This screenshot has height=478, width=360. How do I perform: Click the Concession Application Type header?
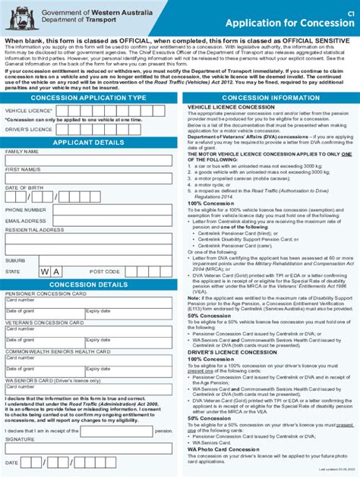[x=87, y=98]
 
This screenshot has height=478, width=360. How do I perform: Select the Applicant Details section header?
[x=87, y=142]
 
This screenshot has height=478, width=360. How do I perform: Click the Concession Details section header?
[x=87, y=284]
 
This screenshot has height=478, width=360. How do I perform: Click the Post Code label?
[x=105, y=271]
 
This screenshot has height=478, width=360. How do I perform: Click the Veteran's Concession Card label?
[x=42, y=322]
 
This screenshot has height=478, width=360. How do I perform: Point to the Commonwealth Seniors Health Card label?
[x=58, y=351]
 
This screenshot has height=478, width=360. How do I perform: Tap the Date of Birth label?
[x=24, y=187]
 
